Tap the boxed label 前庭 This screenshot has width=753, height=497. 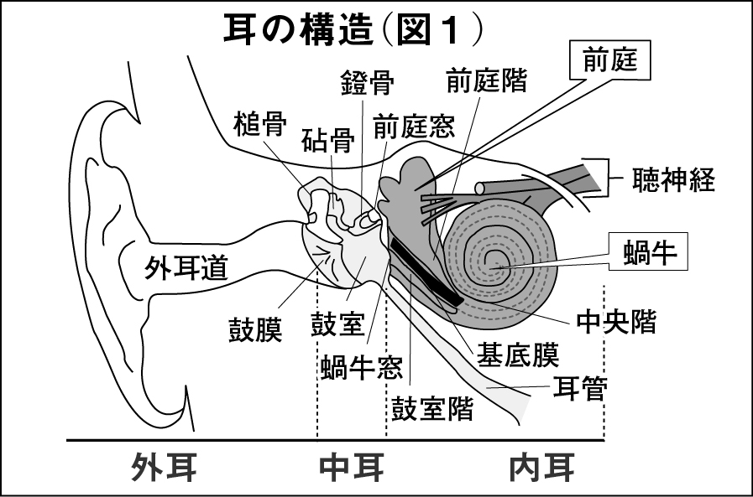click(610, 60)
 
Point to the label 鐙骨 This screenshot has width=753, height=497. click(367, 84)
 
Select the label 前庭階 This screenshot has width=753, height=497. click(487, 80)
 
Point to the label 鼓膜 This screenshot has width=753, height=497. click(255, 329)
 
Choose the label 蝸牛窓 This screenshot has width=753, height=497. click(361, 366)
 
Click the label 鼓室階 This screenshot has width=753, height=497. click(432, 409)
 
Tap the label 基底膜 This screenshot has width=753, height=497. click(517, 355)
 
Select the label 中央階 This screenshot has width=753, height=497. click(616, 320)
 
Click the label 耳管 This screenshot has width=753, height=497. click(578, 388)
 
